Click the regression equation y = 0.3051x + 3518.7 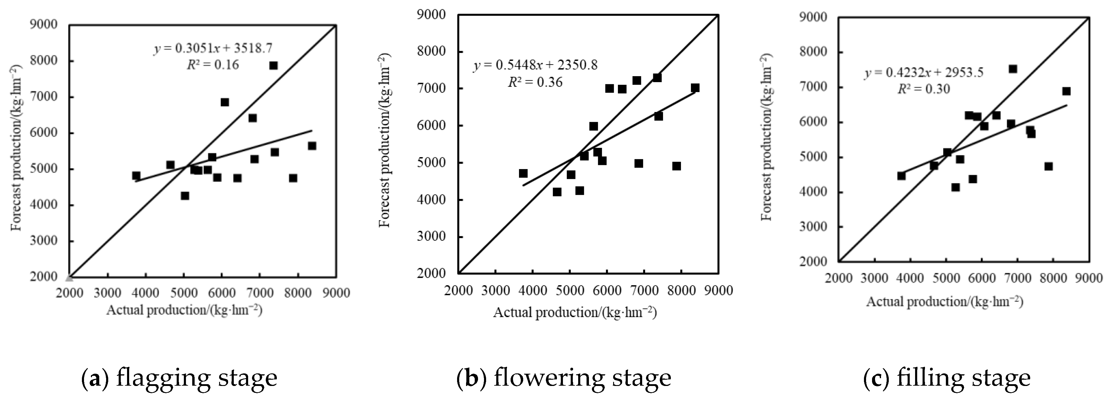coord(213,48)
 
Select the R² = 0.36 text coord(535,82)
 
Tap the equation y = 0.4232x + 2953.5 coord(924,72)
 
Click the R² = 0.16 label coord(213,65)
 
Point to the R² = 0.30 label coord(924,89)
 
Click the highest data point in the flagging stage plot coord(273,65)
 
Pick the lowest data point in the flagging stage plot coord(185,195)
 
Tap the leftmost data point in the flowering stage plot coord(523,173)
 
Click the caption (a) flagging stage coord(179,378)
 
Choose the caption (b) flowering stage coord(564,378)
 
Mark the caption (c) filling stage coord(947,378)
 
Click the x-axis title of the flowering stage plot coord(575,312)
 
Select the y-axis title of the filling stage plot coord(767,137)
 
